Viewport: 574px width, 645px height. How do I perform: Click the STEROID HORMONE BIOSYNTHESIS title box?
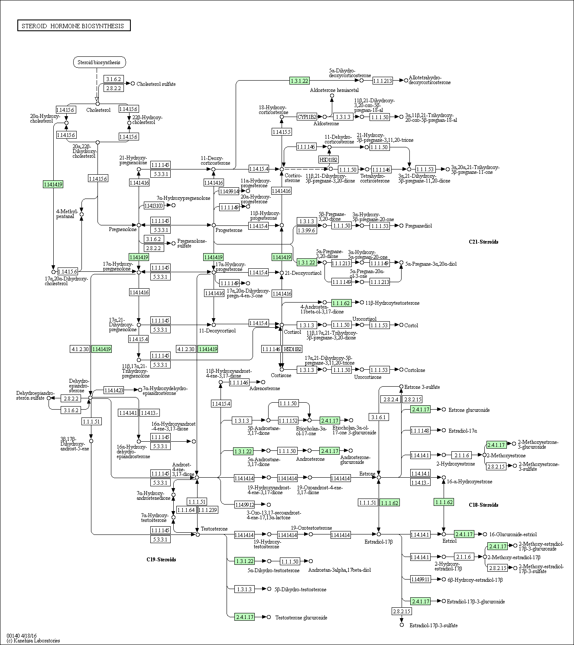(74, 26)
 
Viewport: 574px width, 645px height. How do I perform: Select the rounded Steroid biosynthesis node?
(99, 62)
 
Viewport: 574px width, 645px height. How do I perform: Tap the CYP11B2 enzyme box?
(307, 117)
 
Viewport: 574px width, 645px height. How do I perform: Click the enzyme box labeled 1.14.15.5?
(282, 132)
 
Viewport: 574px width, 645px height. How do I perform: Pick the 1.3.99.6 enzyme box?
(306, 231)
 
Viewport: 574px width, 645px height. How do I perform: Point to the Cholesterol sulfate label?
(156, 84)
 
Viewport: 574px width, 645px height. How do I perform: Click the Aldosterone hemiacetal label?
(334, 90)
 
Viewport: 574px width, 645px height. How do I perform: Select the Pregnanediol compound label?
(418, 226)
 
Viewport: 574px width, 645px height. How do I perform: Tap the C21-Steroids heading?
(483, 242)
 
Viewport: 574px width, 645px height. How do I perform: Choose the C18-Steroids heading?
(483, 505)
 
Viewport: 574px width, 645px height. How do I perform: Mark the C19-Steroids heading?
(161, 560)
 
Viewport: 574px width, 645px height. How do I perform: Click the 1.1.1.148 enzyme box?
(420, 430)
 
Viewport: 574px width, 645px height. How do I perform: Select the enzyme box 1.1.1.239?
(208, 510)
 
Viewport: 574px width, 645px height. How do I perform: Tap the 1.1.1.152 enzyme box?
(288, 420)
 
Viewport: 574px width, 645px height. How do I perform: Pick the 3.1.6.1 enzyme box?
(379, 417)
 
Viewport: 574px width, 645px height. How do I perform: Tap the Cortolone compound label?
(415, 370)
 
